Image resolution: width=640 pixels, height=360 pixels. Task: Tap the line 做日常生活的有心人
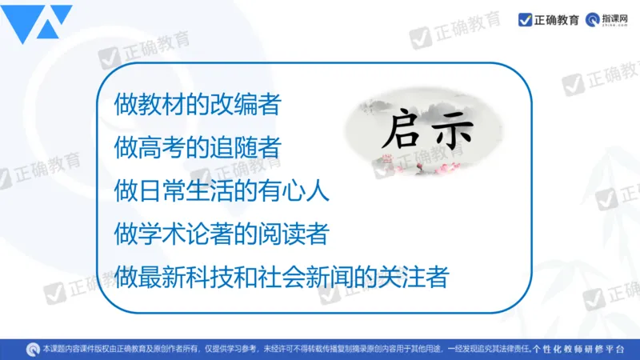coord(222,190)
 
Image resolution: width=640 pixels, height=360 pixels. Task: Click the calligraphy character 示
coord(454,130)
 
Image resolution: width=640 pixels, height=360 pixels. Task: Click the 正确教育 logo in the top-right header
coord(549,20)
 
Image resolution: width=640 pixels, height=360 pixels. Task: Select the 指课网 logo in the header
coord(606,20)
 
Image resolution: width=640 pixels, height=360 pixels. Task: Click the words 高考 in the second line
coord(162,147)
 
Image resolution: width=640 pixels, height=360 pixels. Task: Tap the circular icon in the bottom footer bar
coord(33,349)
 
